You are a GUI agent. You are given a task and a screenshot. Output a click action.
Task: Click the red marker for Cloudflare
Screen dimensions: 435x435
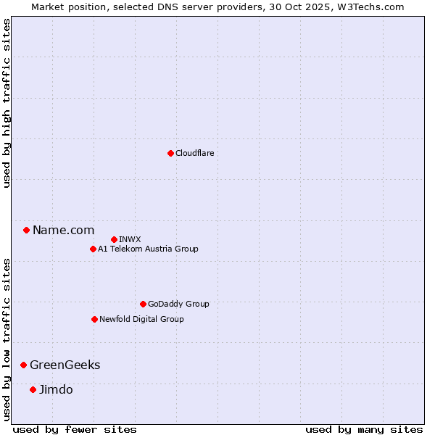170,153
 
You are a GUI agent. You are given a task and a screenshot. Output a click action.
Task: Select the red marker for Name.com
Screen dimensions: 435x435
26,231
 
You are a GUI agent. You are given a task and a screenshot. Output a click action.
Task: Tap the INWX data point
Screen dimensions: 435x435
114,239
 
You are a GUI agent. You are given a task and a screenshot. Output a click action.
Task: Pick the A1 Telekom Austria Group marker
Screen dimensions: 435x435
93,249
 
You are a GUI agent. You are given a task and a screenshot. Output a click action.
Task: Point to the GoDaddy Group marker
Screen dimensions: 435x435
143,304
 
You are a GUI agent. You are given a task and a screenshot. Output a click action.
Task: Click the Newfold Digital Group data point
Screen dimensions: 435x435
94,319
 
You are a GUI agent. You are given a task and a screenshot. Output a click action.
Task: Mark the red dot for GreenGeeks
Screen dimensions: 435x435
23,365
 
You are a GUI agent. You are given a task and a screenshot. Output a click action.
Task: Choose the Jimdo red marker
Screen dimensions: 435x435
33,389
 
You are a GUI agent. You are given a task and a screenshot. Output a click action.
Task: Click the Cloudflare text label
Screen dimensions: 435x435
194,153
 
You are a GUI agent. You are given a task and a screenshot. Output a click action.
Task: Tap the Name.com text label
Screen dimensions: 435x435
63,231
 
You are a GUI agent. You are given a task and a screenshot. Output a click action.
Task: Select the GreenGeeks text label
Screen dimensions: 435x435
65,365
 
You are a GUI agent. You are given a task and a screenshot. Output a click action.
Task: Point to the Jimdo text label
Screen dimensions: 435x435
56,389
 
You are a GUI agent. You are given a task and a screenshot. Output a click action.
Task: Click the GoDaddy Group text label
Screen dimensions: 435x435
178,304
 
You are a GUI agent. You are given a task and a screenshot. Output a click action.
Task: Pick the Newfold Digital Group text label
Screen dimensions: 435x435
141,319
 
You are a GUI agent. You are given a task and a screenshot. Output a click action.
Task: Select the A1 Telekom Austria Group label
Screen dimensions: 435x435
148,249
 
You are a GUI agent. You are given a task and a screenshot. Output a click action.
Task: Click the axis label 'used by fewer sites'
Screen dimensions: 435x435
75,429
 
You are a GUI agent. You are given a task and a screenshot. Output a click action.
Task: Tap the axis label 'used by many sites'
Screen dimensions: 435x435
364,429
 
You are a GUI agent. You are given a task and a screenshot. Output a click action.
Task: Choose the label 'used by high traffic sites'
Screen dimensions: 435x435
7,104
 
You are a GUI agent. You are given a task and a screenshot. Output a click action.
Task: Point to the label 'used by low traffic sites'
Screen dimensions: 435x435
7,339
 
